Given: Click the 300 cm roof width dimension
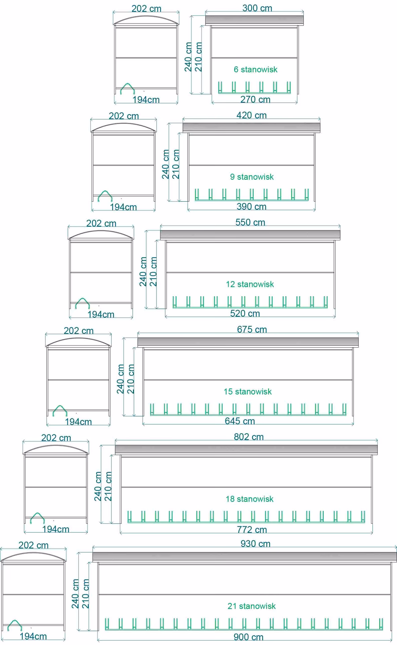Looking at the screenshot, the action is tap(257, 8).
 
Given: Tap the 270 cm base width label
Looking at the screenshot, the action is tap(255, 99).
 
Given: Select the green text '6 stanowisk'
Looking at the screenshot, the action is tap(256, 70).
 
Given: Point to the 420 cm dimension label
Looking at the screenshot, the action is tap(252, 115).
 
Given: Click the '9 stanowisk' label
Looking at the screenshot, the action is tap(252, 177).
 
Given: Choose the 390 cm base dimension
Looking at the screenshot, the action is tap(251, 207).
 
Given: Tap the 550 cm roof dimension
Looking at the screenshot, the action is tap(250, 222).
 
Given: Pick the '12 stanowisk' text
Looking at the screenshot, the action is tap(250, 284).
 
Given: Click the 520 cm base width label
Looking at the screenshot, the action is tap(245, 313).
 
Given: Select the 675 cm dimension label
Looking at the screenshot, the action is tap(252, 329).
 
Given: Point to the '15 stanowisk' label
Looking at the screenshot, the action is tap(248, 391).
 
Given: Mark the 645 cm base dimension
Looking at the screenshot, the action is tap(240, 421).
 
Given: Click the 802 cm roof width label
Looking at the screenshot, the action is tap(249, 437).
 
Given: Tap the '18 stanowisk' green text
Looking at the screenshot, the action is tap(250, 499).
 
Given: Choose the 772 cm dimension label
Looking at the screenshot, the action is tap(252, 530).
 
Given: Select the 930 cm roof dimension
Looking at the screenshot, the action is tap(255, 544).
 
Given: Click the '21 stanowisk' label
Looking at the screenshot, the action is tap(252, 606).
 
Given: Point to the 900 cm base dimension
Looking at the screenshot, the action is tap(248, 637).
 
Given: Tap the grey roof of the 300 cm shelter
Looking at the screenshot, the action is tap(254, 20).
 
